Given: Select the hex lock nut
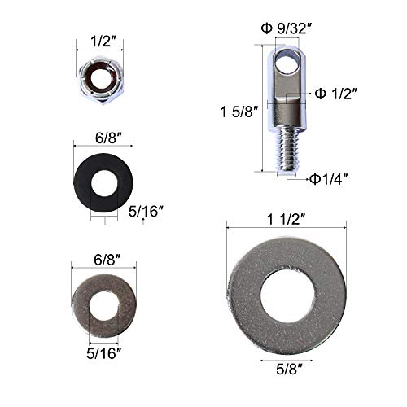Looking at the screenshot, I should coord(96,82).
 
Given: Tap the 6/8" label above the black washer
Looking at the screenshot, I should coord(96,139).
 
